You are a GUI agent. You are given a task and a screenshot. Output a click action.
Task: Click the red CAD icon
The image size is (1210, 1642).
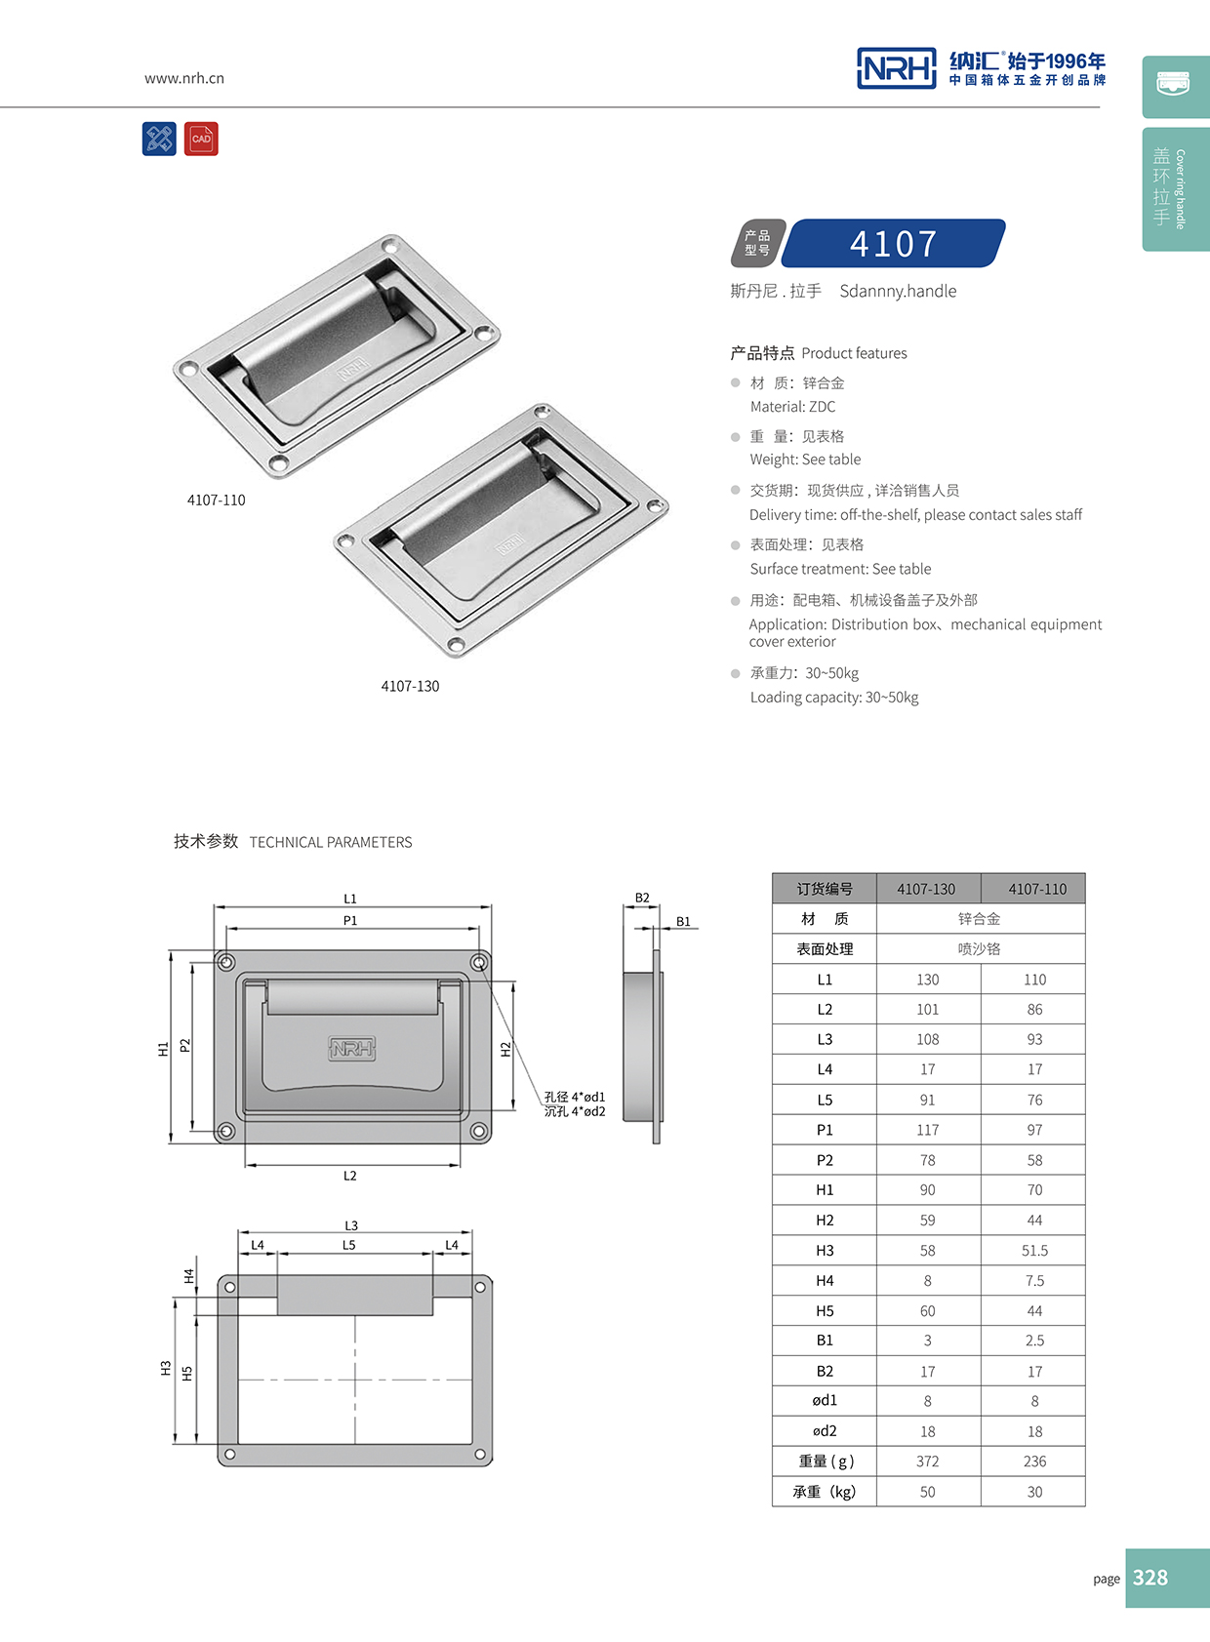(201, 139)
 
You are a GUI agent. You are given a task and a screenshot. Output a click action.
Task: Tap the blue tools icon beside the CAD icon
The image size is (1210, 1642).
(159, 139)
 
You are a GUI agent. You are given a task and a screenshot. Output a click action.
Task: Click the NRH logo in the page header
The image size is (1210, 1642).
(896, 68)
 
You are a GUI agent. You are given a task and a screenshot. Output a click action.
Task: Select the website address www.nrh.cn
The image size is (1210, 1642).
(184, 78)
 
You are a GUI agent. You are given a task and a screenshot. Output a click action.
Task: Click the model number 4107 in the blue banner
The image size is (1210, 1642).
(893, 244)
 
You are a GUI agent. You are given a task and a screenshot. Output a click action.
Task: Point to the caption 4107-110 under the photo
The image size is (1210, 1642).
(217, 500)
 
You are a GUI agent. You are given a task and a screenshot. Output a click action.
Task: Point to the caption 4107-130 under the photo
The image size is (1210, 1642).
(410, 686)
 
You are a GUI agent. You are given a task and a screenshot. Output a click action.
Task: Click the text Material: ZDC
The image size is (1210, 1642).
(792, 407)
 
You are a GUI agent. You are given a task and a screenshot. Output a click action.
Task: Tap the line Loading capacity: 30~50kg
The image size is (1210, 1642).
(834, 697)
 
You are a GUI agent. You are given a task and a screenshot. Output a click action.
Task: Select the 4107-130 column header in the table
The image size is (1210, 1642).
(926, 889)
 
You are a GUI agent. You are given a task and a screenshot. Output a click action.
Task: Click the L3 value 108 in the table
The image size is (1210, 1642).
(927, 1039)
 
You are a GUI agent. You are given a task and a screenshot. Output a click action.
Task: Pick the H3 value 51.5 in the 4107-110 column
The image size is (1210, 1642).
(1034, 1250)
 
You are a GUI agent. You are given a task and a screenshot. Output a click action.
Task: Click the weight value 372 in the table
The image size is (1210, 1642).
(927, 1461)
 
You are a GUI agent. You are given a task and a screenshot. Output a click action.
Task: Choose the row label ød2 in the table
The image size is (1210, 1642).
(825, 1430)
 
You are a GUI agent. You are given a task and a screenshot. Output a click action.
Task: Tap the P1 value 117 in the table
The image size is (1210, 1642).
(927, 1130)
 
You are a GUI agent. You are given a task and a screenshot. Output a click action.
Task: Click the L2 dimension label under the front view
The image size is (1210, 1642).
(350, 1176)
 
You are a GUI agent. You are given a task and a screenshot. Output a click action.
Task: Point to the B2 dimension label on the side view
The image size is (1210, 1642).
(642, 898)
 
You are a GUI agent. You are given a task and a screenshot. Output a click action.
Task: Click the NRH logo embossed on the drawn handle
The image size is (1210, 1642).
(351, 1049)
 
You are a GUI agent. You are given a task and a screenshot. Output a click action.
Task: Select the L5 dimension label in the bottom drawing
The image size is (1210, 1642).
(349, 1245)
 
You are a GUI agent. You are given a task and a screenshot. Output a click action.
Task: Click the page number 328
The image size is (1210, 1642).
(1150, 1578)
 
